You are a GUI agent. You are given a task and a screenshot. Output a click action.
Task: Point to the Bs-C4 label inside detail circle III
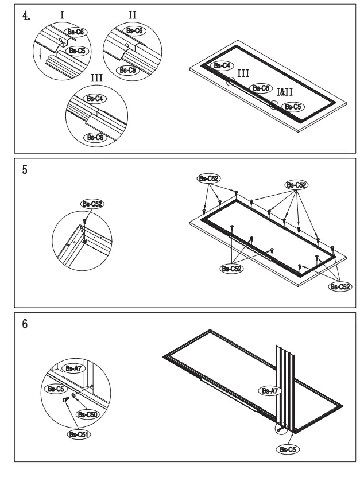tap(94, 98)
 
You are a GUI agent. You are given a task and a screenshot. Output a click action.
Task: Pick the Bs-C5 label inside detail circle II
tap(126, 69)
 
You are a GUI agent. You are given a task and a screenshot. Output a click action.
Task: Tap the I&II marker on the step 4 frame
tap(285, 92)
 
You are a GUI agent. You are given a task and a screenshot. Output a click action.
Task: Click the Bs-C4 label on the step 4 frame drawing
tap(221, 66)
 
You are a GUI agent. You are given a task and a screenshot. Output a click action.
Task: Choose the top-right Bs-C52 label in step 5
tap(296, 185)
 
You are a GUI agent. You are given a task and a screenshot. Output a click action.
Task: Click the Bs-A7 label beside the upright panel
tap(270, 391)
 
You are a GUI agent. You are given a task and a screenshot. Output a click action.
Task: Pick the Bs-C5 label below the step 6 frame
tap(286, 448)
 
